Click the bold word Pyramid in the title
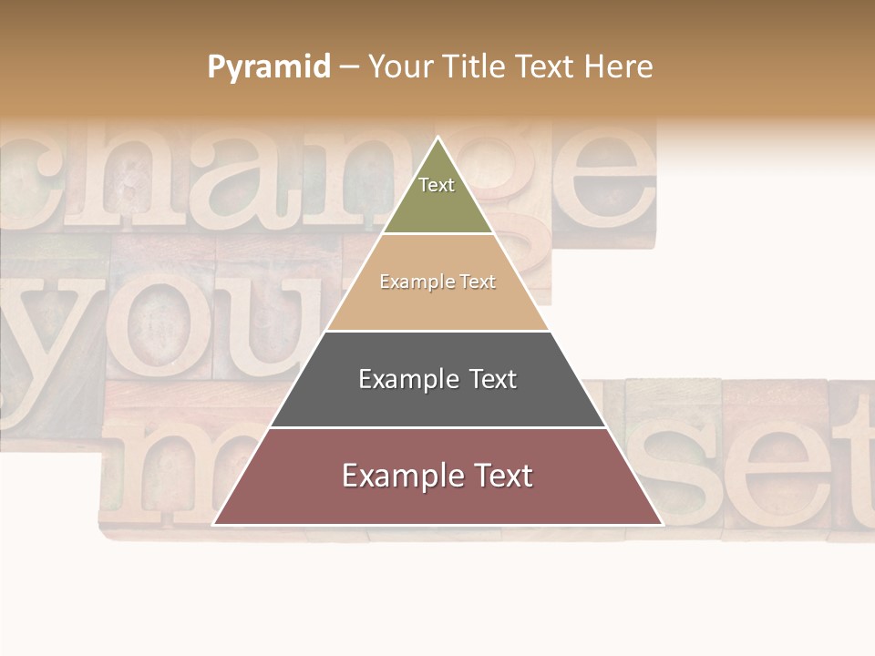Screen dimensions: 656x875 pyautogui.click(x=269, y=67)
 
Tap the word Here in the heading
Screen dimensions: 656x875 pyautogui.click(x=618, y=67)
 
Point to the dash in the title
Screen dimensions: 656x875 pyautogui.click(x=349, y=67)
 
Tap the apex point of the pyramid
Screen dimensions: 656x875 pyautogui.click(x=437, y=138)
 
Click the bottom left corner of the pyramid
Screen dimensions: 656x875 pyautogui.click(x=214, y=524)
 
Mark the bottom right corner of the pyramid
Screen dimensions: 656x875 pyautogui.click(x=662, y=524)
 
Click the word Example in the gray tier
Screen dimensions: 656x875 pyautogui.click(x=407, y=379)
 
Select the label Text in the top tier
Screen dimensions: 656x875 pyautogui.click(x=437, y=185)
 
